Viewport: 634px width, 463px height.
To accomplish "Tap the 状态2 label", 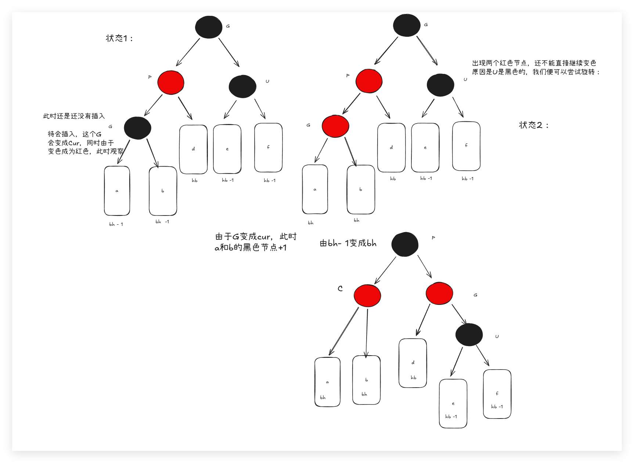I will click(x=534, y=125).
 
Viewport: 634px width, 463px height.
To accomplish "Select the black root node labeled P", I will click(x=405, y=244).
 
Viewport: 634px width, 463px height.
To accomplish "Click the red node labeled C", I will click(x=367, y=295).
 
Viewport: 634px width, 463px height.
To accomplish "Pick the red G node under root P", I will click(x=439, y=293).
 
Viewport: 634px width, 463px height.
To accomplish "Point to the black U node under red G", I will click(x=469, y=335).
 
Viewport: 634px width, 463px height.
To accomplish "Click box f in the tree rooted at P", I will click(x=497, y=394).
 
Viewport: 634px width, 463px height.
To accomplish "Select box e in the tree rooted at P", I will click(x=453, y=403).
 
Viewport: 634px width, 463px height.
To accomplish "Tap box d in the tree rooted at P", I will click(x=413, y=363).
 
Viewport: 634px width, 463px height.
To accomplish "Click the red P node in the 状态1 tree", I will click(x=171, y=82).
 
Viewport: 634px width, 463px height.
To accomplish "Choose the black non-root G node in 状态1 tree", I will click(x=137, y=128).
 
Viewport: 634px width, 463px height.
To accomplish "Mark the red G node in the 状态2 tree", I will click(x=335, y=126).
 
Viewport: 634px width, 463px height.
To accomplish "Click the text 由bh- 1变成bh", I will click(x=348, y=243).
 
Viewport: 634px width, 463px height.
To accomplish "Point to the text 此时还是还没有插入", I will click(x=74, y=116).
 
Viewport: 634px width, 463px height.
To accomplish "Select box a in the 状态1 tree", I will click(x=117, y=191).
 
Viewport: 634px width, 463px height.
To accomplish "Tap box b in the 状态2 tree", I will click(x=361, y=189).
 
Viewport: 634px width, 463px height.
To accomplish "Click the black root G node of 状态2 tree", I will click(x=407, y=25).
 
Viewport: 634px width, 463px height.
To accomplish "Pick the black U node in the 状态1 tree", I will click(x=242, y=87).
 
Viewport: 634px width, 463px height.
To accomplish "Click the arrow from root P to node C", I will click(x=385, y=270).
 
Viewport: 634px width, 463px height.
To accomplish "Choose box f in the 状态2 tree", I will click(x=466, y=146).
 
